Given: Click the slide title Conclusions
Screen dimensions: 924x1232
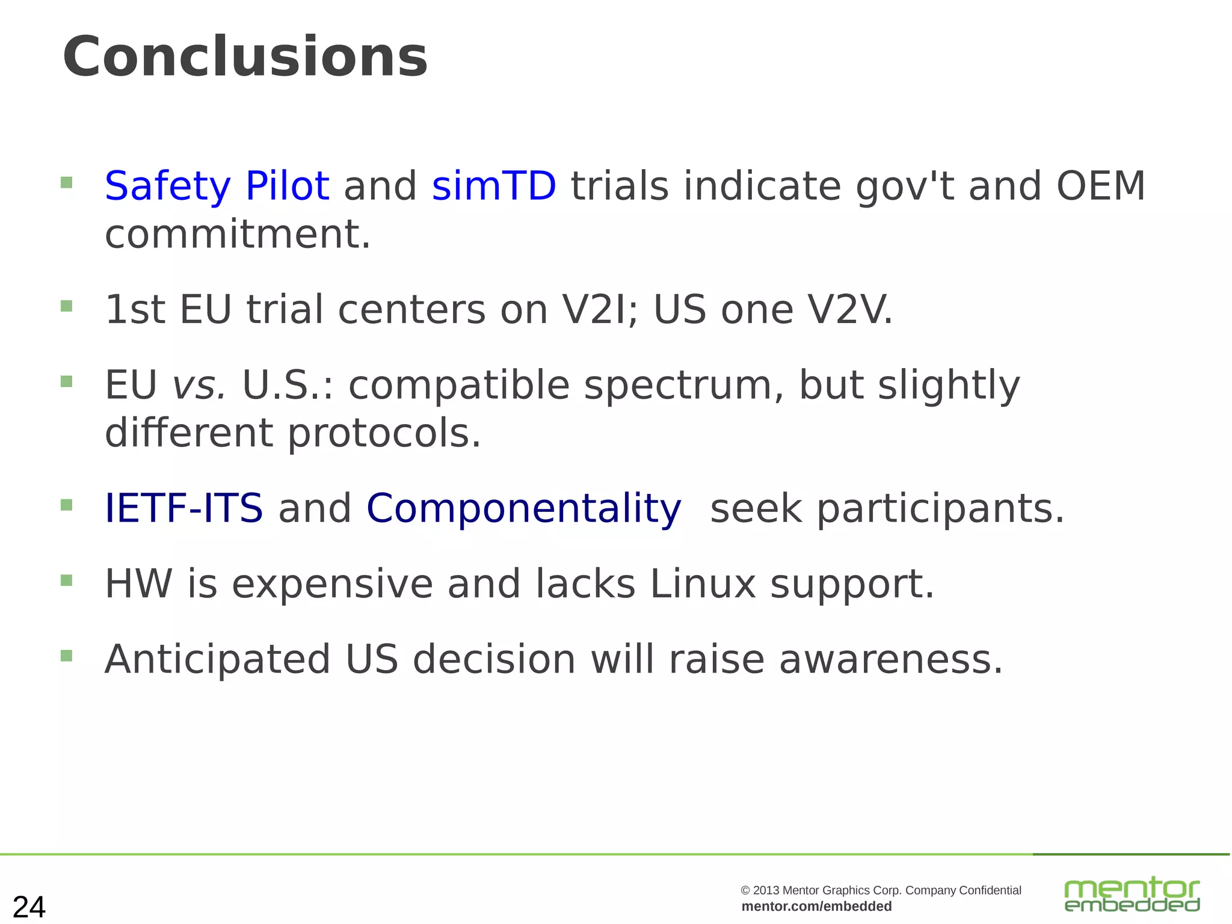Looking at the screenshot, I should (245, 57).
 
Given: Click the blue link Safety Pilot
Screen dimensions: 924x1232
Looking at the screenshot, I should (217, 186).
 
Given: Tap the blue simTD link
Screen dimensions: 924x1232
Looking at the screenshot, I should (494, 186).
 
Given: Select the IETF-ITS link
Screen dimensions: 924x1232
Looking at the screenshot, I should (183, 508).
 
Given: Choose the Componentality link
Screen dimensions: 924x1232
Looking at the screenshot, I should (523, 508).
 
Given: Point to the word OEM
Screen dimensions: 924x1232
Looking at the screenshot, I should (1101, 186).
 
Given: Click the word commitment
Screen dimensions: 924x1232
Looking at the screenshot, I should (238, 234).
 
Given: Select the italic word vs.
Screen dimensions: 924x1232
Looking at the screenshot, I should (200, 385).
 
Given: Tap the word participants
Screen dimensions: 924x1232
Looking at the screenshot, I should (940, 509).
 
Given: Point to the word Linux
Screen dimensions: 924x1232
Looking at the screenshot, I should (703, 584).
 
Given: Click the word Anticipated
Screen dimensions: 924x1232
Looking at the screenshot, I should (217, 659).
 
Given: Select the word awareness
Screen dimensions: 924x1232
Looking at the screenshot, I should (891, 659).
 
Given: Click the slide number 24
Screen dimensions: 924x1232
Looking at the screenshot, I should (29, 907).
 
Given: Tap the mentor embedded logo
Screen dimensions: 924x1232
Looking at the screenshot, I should (1132, 895).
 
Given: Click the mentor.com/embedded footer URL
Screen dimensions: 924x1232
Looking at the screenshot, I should (816, 907).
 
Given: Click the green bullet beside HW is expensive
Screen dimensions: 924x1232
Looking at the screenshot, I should (67, 581).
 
